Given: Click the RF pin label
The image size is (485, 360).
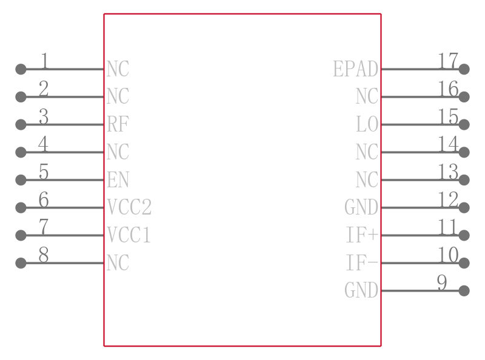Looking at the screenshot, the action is tap(118, 124).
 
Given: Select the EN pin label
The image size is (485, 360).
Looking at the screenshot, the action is tap(118, 179).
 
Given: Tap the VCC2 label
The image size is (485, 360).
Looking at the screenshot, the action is tap(129, 207).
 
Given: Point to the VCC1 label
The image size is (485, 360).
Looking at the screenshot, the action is tap(129, 235).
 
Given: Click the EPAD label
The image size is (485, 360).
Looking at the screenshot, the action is tap(356, 68).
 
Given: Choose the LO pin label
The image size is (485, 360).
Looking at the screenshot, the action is tap(367, 124).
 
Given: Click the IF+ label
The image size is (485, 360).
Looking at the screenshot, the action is tap(362, 235).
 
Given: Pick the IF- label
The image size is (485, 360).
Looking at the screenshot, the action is tap(362, 262).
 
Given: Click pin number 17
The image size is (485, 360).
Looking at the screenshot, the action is tap(448, 61).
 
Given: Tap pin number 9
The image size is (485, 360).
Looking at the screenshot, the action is tap(442, 282).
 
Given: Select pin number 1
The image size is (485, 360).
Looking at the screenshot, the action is tap(44, 61).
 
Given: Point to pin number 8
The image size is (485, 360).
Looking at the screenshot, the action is tap(44, 255).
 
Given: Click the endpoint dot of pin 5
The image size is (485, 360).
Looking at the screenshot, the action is tap(21, 179).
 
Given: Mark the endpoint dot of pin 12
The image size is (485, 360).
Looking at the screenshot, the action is tap(464, 207).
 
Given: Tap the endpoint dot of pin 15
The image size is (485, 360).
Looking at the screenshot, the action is tap(464, 124).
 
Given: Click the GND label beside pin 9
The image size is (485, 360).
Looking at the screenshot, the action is tap(361, 290).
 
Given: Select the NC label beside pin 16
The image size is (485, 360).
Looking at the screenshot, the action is tap(367, 96).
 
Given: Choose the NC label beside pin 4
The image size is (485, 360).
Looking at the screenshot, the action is tap(118, 152).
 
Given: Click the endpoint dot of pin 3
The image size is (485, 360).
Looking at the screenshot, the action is tap(21, 124).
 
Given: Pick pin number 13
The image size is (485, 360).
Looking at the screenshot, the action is tap(448, 172).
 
